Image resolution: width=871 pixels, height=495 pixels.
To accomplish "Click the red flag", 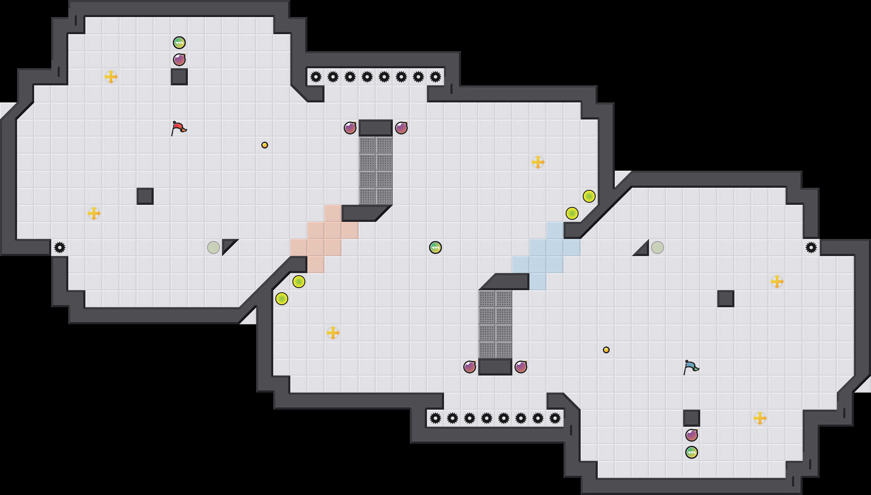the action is click(178, 128).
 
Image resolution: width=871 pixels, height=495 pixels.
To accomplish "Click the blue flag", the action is click(691, 367).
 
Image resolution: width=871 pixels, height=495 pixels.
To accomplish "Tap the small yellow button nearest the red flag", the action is click(265, 145).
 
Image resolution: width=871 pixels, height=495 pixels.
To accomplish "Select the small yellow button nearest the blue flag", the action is click(606, 350).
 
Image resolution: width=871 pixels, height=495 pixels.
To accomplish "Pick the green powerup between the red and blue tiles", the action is click(435, 247).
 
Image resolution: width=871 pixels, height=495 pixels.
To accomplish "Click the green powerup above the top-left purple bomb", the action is click(179, 43).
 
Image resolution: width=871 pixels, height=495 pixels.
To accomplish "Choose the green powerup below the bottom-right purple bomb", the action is click(692, 452).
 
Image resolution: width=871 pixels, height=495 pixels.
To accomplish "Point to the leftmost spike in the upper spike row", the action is click(316, 77).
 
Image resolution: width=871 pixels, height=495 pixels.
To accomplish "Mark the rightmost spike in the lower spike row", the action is click(555, 418).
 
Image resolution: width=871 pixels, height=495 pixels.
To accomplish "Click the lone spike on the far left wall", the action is click(60, 247).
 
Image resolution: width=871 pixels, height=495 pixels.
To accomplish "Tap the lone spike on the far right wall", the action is click(811, 247).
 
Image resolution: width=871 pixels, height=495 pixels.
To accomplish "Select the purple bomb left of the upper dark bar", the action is click(350, 128).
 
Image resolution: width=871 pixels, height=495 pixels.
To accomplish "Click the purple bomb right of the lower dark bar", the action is click(521, 367).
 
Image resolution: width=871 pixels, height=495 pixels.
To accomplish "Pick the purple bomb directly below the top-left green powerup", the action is click(179, 60).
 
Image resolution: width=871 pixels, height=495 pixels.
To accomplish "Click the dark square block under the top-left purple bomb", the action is click(179, 77).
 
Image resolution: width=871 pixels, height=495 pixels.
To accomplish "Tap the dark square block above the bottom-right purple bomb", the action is click(692, 418).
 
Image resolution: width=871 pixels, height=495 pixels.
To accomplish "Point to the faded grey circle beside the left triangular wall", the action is click(213, 247).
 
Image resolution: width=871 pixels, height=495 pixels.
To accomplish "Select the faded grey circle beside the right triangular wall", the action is click(658, 247).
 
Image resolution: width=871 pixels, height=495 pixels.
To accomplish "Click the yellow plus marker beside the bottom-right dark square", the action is click(760, 418).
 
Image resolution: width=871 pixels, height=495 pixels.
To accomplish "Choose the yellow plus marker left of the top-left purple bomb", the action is click(111, 77).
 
